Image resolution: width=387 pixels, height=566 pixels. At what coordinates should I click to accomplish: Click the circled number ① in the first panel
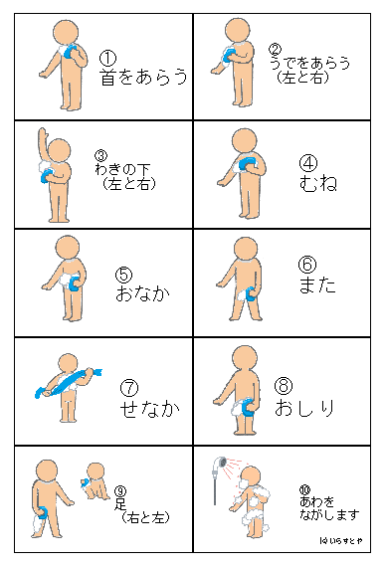click(x=108, y=59)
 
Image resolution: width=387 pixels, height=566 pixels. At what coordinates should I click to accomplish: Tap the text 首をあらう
click(x=144, y=78)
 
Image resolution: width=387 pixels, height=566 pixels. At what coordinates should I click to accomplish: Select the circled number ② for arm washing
click(x=276, y=48)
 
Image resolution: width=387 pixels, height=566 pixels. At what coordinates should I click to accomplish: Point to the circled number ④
click(x=308, y=161)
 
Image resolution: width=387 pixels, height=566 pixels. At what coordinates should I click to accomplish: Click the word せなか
click(x=143, y=406)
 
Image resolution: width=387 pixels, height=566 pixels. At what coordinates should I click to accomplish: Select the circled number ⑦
click(x=127, y=387)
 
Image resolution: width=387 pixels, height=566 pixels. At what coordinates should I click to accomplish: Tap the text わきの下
click(x=120, y=169)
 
